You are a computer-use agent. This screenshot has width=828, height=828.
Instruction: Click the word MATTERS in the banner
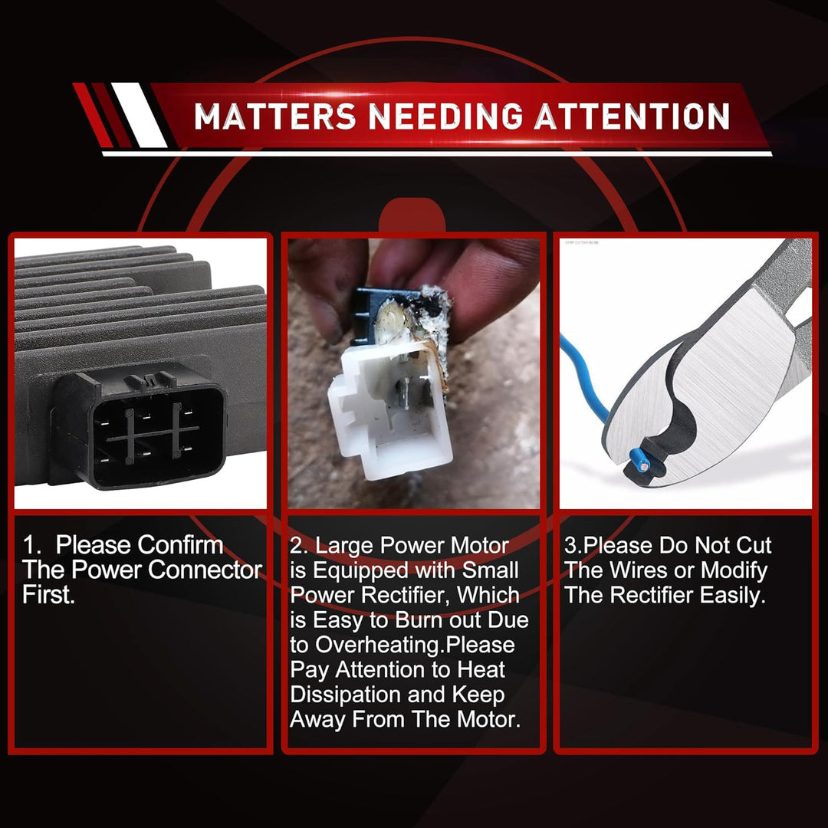point(274,117)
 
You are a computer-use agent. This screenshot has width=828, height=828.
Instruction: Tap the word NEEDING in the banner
point(445,117)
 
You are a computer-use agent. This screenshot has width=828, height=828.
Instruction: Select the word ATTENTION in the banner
point(632,117)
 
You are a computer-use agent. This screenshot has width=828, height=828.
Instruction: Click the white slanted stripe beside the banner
point(139,115)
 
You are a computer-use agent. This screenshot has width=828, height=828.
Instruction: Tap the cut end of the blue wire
point(643,465)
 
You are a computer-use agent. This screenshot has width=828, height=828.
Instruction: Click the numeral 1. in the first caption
point(32,545)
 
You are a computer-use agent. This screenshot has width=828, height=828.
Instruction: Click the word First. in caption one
point(48,595)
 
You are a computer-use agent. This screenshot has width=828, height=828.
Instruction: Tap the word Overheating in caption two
point(380,645)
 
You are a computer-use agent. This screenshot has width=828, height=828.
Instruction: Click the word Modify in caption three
point(734,570)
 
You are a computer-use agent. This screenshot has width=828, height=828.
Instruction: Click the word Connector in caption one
point(205,570)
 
